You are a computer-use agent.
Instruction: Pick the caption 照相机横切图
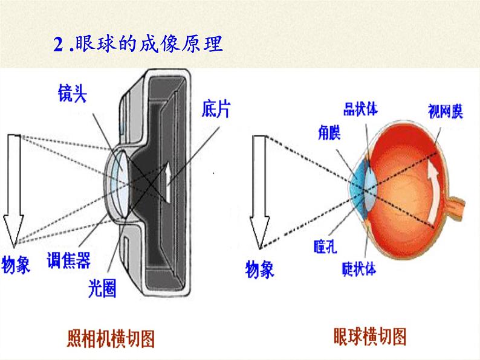click(x=110, y=338)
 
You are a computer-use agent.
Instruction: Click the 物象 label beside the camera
click(x=16, y=265)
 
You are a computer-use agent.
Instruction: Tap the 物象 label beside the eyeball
click(x=259, y=269)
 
